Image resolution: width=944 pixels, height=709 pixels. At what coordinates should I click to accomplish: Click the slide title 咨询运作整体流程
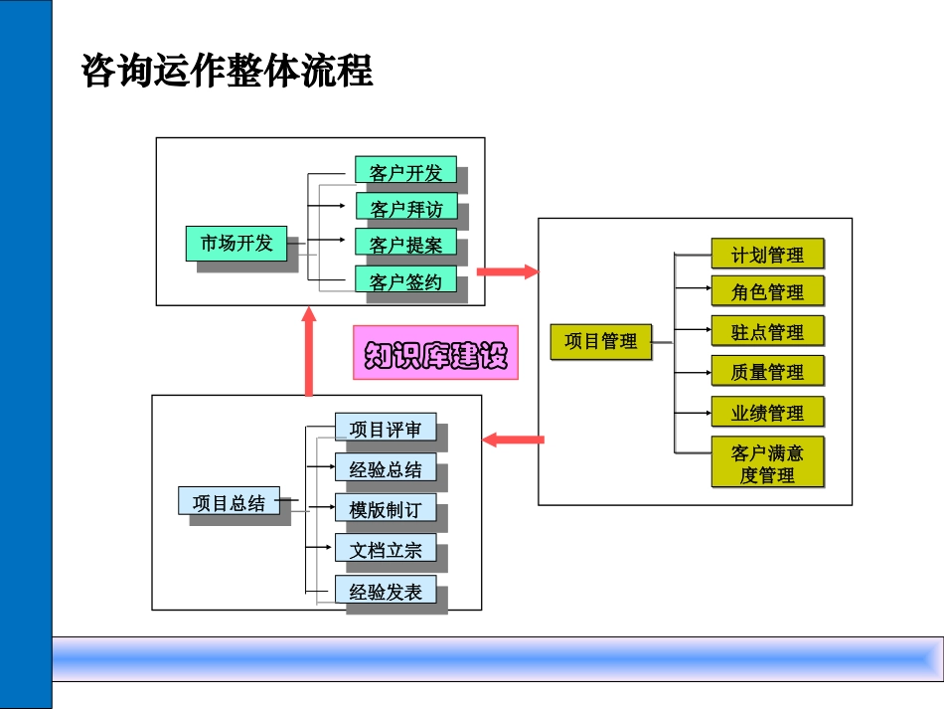click(228, 71)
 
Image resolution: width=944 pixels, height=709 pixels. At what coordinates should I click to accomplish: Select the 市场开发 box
click(236, 243)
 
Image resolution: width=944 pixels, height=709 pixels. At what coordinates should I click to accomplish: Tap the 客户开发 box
click(405, 172)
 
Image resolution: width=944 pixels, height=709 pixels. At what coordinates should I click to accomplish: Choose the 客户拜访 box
click(405, 208)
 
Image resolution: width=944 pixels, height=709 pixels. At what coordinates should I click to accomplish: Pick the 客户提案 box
click(405, 244)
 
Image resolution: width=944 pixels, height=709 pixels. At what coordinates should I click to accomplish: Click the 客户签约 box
click(405, 280)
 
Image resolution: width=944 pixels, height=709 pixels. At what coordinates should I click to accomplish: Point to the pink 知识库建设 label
click(435, 353)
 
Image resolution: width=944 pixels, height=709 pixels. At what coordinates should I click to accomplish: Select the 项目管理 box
click(600, 341)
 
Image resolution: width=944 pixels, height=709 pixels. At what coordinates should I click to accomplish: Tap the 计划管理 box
click(767, 255)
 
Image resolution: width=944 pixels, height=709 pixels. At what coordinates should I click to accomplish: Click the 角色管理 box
click(767, 291)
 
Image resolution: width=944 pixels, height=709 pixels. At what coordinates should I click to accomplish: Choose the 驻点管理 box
click(767, 331)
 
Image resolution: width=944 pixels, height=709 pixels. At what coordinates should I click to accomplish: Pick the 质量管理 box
click(767, 371)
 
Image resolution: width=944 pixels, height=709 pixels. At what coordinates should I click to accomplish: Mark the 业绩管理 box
click(767, 412)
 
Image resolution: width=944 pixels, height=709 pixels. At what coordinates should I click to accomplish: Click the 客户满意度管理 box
click(767, 462)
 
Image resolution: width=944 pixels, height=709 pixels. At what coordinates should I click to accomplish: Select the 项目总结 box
click(230, 502)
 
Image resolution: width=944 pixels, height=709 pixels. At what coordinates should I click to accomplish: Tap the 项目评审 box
click(385, 429)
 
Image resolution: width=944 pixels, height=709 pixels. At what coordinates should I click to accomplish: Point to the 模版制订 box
click(385, 509)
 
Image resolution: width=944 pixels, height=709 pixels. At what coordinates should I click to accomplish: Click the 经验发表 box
click(385, 592)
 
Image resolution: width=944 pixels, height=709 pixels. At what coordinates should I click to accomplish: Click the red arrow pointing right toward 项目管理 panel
click(507, 271)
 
